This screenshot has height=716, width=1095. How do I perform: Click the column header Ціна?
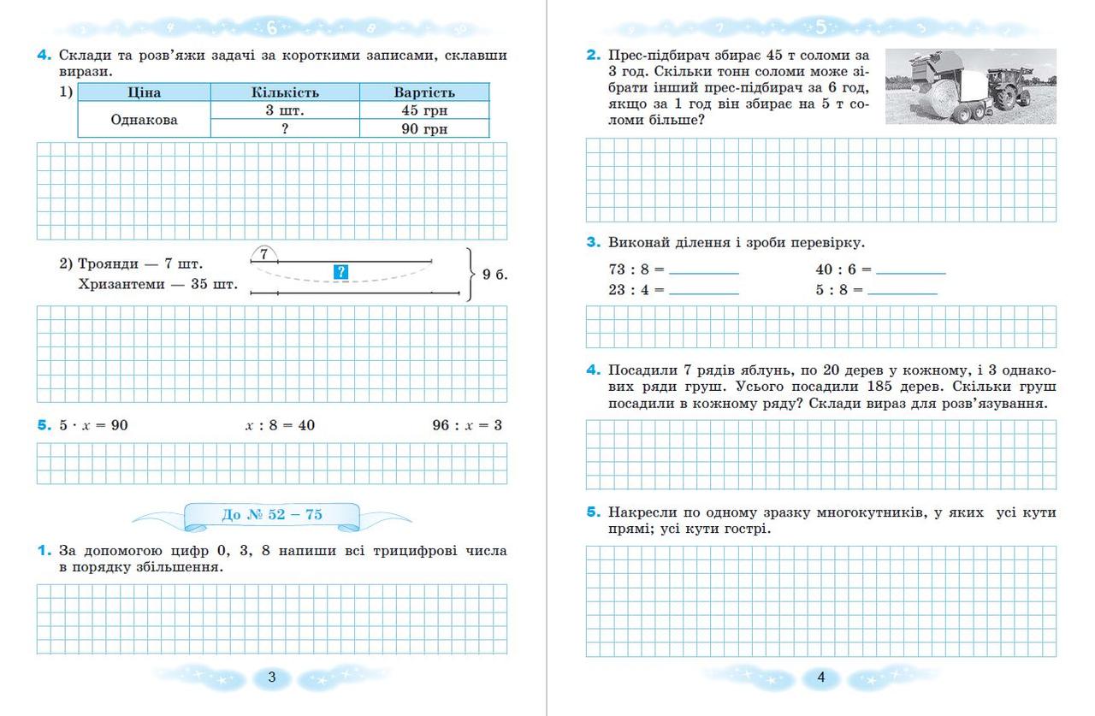pos(144,92)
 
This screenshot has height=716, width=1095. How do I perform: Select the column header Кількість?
pos(285,92)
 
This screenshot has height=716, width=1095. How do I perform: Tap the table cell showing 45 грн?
pos(424,110)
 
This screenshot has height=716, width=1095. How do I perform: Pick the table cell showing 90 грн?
pos(424,129)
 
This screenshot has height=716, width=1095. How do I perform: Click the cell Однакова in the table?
pos(144,120)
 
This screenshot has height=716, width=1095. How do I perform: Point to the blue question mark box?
pos(340,272)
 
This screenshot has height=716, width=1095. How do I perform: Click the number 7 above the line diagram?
pos(265,254)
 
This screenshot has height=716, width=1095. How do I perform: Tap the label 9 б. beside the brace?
pos(495,275)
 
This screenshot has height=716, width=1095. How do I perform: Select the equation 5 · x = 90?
pos(93,425)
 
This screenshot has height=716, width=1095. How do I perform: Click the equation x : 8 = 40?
pos(280,425)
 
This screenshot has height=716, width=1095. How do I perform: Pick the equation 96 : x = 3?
pos(467,425)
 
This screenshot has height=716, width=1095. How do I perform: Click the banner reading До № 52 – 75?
pos(272,514)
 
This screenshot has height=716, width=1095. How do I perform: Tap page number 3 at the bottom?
pos(272,678)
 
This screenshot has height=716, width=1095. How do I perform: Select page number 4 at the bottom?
pos(821,678)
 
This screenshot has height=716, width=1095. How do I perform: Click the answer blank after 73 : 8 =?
pos(704,271)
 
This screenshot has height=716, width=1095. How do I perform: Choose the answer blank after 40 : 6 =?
pos(911,271)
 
